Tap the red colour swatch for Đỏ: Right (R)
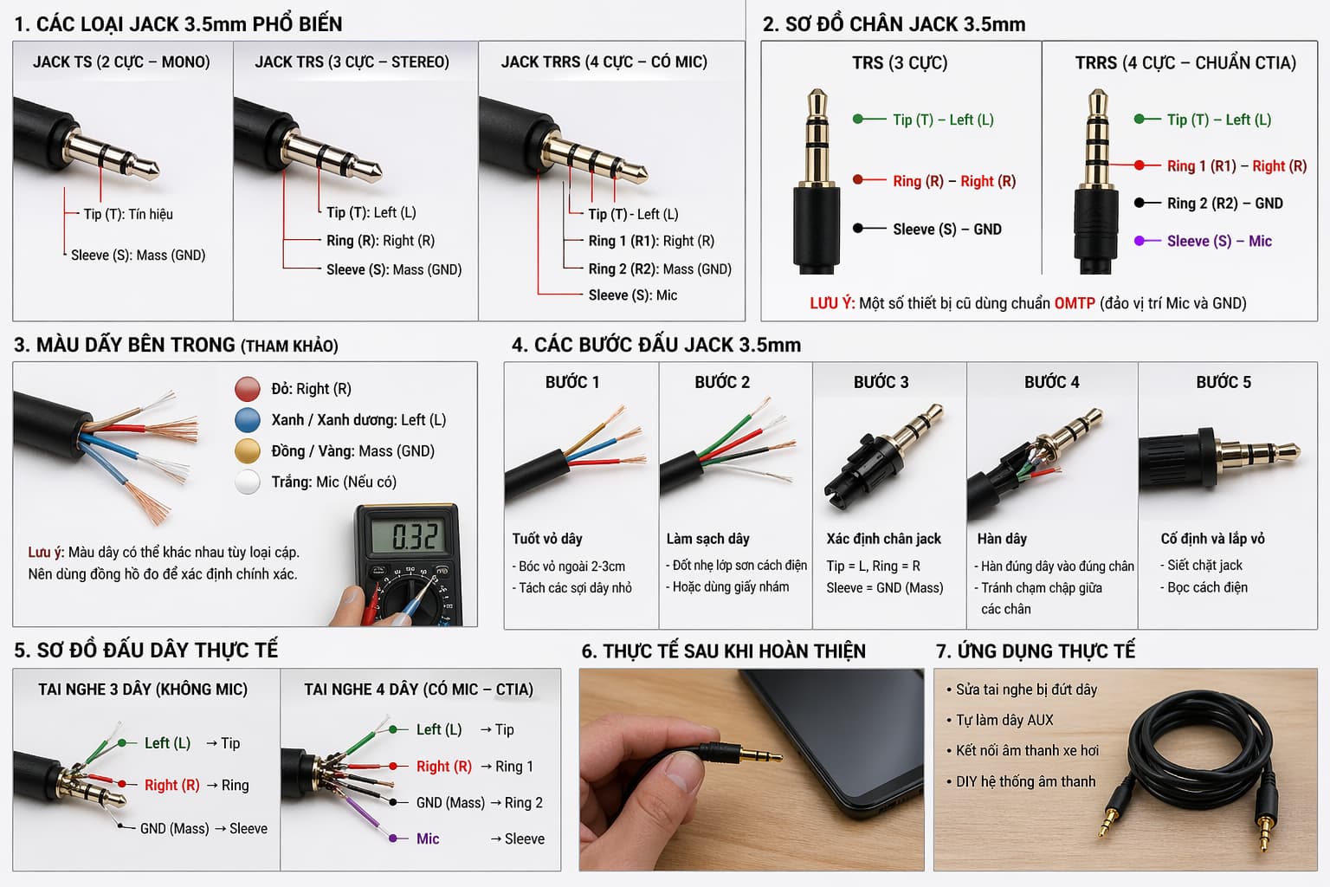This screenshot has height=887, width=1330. [248, 389]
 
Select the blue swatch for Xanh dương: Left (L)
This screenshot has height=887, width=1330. [248, 420]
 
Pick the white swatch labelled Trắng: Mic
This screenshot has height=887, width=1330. [248, 482]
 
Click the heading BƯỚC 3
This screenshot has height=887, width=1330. [881, 383]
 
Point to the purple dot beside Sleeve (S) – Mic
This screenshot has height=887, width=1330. [1140, 241]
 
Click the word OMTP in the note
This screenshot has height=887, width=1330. [1074, 303]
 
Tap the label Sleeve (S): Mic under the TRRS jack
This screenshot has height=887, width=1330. [632, 295]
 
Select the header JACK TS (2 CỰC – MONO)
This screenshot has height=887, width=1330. [121, 62]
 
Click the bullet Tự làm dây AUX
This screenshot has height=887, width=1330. [1004, 720]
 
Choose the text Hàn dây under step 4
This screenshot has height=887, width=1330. [1002, 539]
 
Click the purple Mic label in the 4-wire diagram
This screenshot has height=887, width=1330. [428, 838]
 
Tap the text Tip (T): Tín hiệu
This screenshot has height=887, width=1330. [128, 214]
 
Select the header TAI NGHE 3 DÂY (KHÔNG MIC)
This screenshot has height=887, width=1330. [143, 690]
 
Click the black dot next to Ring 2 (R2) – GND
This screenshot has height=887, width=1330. [1140, 203]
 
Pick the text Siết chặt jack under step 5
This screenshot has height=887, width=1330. [1204, 565]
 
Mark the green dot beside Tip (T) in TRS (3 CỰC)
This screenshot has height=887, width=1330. [858, 120]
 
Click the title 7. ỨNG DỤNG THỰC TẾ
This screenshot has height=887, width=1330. [1035, 651]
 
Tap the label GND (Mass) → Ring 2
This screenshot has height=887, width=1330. [479, 803]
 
